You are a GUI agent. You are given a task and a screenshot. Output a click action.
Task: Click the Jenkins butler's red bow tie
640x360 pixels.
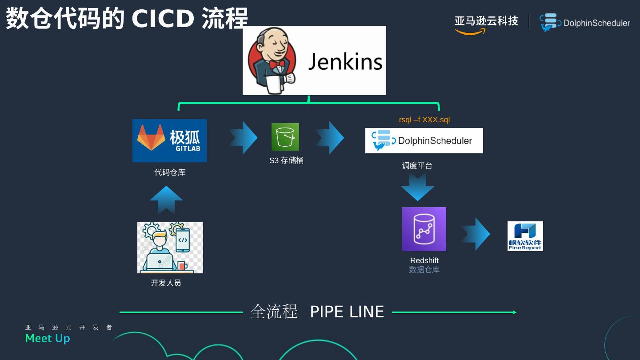[x=276, y=65]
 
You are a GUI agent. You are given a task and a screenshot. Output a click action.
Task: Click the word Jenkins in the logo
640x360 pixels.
[x=345, y=61]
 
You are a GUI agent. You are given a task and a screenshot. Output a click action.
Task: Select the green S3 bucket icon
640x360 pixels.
[x=285, y=137]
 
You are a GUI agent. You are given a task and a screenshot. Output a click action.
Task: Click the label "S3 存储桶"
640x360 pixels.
[x=286, y=160]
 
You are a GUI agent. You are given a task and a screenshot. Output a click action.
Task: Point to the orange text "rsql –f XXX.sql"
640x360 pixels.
[x=424, y=120]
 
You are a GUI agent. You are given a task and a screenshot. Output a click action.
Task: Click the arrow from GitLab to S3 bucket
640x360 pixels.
[x=244, y=138]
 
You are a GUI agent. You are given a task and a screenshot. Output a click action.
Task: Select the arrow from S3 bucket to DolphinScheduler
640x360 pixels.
[x=330, y=138]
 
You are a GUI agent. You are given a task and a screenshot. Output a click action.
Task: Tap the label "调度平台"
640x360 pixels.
[x=417, y=166]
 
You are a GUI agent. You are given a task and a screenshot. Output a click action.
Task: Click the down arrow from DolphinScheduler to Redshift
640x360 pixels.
[x=417, y=187]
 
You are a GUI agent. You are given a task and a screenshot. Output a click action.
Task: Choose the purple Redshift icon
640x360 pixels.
[x=424, y=229]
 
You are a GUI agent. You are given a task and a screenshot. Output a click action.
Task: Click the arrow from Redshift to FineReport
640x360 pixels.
[x=476, y=234]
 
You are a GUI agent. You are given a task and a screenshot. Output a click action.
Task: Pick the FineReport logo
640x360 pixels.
[x=525, y=236]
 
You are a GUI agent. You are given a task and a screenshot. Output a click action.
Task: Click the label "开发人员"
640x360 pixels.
[x=166, y=283]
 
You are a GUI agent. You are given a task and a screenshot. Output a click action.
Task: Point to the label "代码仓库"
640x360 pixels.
[x=170, y=172]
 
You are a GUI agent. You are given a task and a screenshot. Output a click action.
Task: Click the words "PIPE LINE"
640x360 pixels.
[x=347, y=312]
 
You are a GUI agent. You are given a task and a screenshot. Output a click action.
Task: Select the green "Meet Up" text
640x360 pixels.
[x=48, y=339]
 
